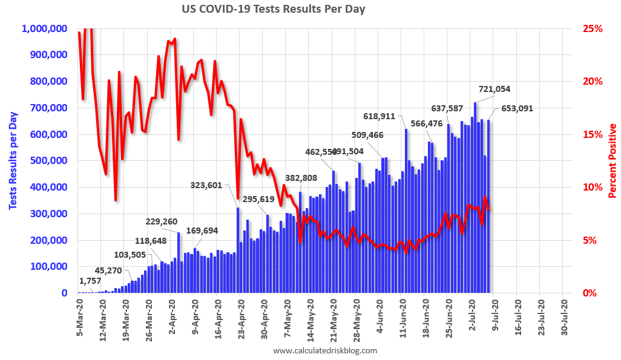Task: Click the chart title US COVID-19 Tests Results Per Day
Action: (x=273, y=10)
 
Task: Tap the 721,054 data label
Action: (x=494, y=89)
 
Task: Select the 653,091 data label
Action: (x=517, y=109)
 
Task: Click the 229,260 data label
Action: (x=162, y=221)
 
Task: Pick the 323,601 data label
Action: (x=206, y=186)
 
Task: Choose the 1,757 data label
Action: (x=91, y=281)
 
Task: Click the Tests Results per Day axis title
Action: (x=12, y=160)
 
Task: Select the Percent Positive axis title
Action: (x=612, y=160)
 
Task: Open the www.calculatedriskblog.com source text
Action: (x=325, y=351)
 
